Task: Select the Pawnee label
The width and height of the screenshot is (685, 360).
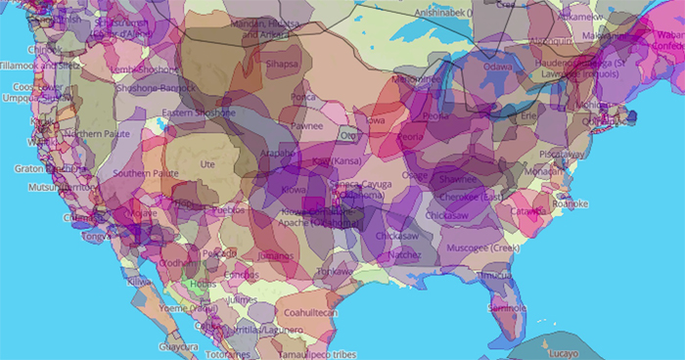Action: (x=305, y=125)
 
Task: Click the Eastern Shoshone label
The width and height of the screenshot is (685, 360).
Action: (x=199, y=113)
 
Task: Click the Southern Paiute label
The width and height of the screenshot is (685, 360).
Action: (x=144, y=173)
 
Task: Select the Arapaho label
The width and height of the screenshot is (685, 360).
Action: (x=279, y=155)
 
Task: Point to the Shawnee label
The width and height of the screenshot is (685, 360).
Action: (x=458, y=180)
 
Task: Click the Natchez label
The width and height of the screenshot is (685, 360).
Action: (x=402, y=253)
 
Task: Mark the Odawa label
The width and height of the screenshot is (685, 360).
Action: (x=498, y=67)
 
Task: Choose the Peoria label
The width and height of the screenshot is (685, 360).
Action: (x=411, y=138)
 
